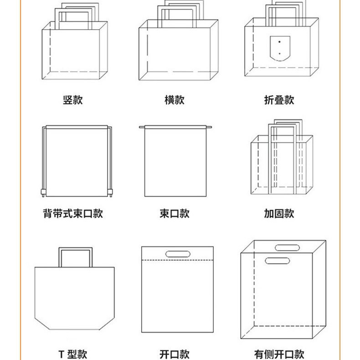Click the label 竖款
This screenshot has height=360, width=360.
pos(73,100)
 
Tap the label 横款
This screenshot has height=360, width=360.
pos(175,100)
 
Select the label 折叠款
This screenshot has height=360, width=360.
pos(279,100)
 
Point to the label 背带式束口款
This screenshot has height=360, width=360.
pos(73,213)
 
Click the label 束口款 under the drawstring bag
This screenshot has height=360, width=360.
pos(175,213)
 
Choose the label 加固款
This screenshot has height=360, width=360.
pos(279,213)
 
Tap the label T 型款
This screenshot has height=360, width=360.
pos(73,354)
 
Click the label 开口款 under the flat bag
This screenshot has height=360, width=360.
pos(175,354)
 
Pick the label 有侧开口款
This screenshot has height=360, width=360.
pos(279,354)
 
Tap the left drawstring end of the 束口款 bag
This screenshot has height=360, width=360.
pos(141,127)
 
